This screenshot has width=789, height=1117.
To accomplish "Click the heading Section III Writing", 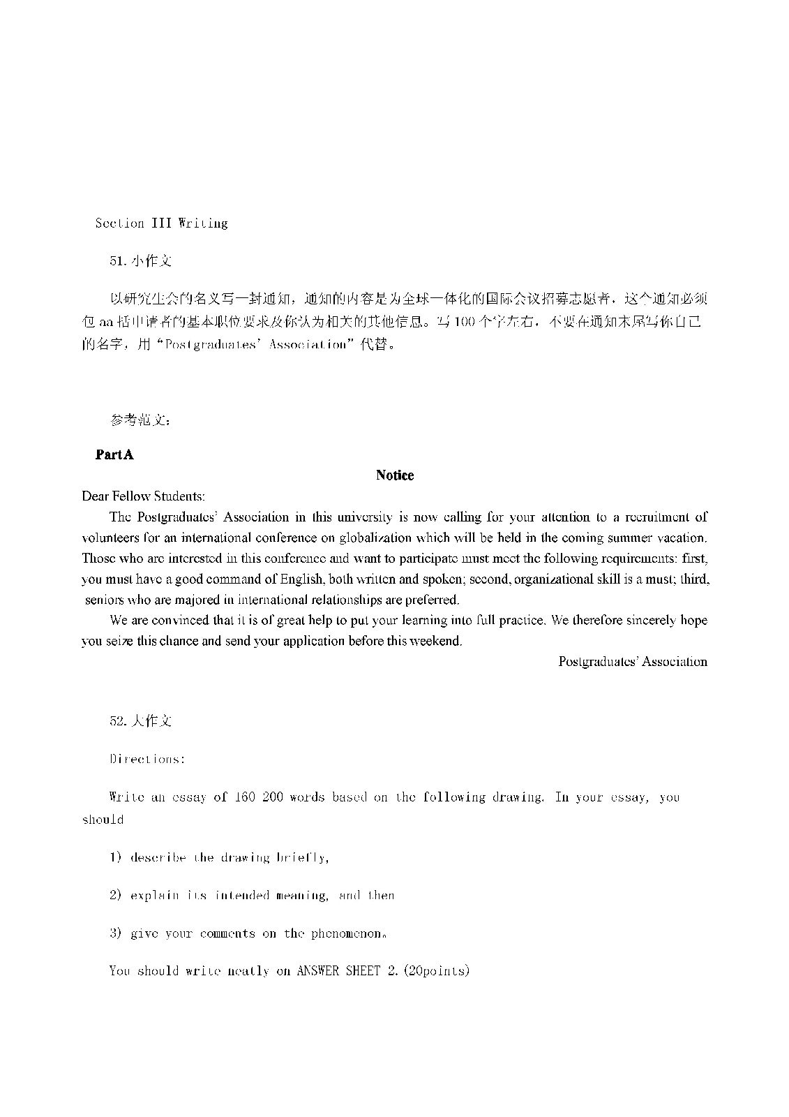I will coord(161,223).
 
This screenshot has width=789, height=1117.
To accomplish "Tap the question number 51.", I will coord(117,261).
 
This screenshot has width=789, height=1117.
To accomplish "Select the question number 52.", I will coord(117,721).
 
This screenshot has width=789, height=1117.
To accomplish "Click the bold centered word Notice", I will coord(395,475).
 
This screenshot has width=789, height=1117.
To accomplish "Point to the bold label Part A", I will coord(114,454).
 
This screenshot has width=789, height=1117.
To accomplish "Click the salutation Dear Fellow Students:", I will coord(143,496).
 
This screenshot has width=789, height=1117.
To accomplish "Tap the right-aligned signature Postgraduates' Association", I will coord(633,662).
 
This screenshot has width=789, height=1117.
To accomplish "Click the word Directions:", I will coord(147,760).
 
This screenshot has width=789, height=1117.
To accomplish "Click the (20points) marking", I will coord(437,971).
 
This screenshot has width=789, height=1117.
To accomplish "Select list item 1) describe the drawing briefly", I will coord(218,858).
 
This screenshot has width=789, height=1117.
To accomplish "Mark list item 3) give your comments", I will coord(209,933).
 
